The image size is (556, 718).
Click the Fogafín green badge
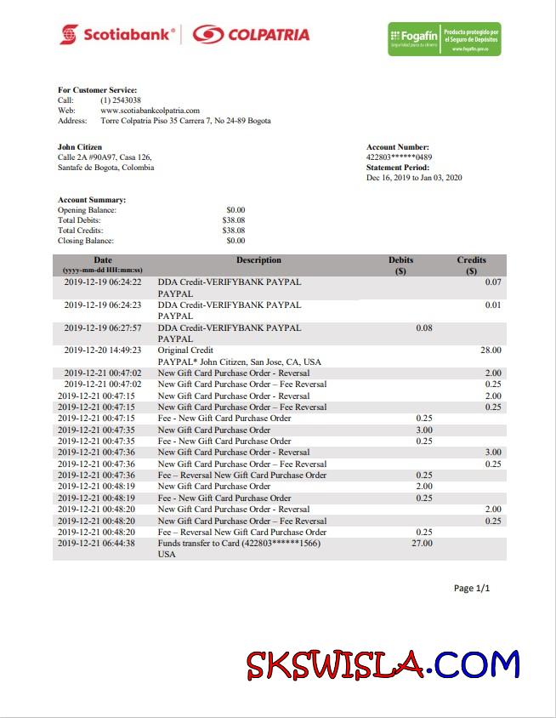[444, 39]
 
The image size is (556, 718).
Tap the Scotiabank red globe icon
[69, 35]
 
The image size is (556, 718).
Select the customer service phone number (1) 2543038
[121, 100]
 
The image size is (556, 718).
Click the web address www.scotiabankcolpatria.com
[150, 111]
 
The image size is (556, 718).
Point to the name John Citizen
[80, 147]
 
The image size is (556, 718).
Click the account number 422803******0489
[399, 157]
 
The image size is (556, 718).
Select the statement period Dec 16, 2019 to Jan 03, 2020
[414, 178]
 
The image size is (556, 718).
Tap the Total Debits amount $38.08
[234, 220]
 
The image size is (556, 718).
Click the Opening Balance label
[87, 210]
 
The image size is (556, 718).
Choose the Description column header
[258, 260]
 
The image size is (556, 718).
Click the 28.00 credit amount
[491, 350]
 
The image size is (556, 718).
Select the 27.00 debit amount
[422, 544]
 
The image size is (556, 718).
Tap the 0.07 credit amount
[493, 282]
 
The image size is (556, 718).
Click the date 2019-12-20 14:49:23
[103, 350]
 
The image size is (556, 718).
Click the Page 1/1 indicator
[472, 589]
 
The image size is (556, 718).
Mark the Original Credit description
[185, 350]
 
